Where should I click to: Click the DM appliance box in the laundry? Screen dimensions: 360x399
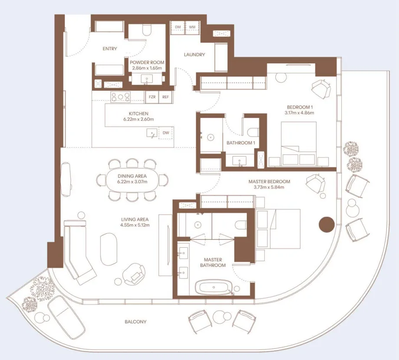coord(178,27)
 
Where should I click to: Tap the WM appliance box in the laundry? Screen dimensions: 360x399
coord(192,27)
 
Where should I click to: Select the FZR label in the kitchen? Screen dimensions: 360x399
coord(152,97)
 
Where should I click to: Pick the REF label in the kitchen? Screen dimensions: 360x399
coord(165,97)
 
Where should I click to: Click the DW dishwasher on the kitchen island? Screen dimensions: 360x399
coord(165,133)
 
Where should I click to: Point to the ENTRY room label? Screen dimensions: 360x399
coord(110,49)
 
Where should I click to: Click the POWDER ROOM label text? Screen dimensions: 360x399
coord(147,62)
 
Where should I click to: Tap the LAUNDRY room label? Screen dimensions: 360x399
coord(194,55)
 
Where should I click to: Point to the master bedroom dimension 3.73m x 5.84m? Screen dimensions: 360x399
coord(269,187)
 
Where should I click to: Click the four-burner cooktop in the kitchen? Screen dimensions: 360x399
coord(121,97)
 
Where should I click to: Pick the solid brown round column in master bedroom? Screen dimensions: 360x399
coord(326,225)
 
